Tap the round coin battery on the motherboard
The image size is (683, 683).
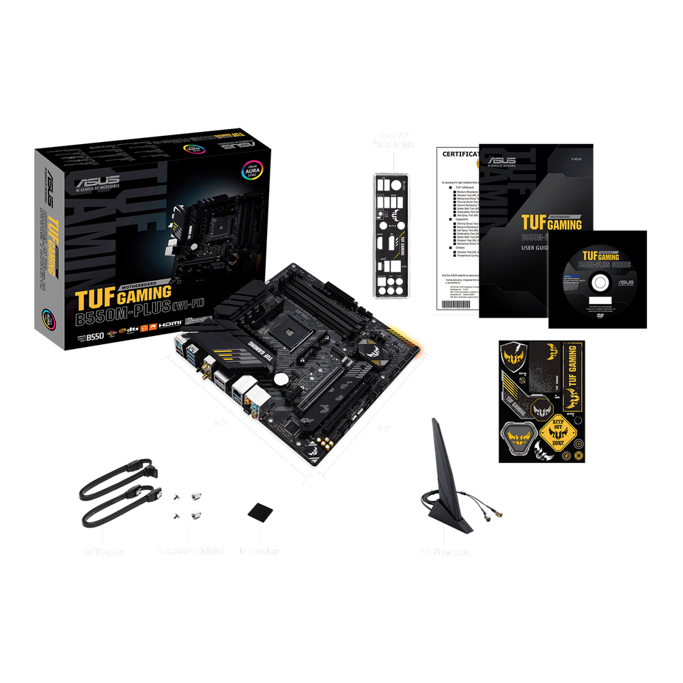[x=281, y=378]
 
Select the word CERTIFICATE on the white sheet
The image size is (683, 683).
[x=460, y=154]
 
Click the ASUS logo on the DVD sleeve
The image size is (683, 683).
[x=625, y=282]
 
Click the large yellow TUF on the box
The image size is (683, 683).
[x=96, y=298]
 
